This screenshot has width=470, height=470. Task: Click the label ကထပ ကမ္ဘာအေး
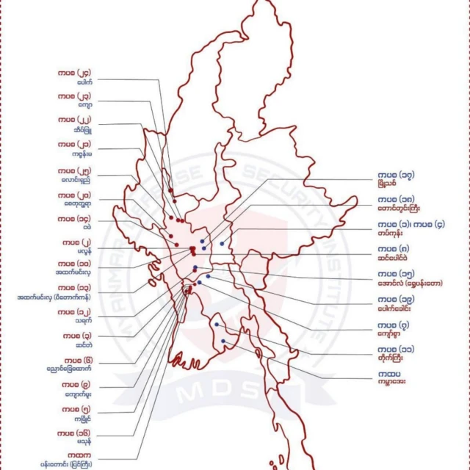(x=394, y=379)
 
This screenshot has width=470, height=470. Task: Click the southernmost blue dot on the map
(x=223, y=341)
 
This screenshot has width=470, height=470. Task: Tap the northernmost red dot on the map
(x=170, y=192)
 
